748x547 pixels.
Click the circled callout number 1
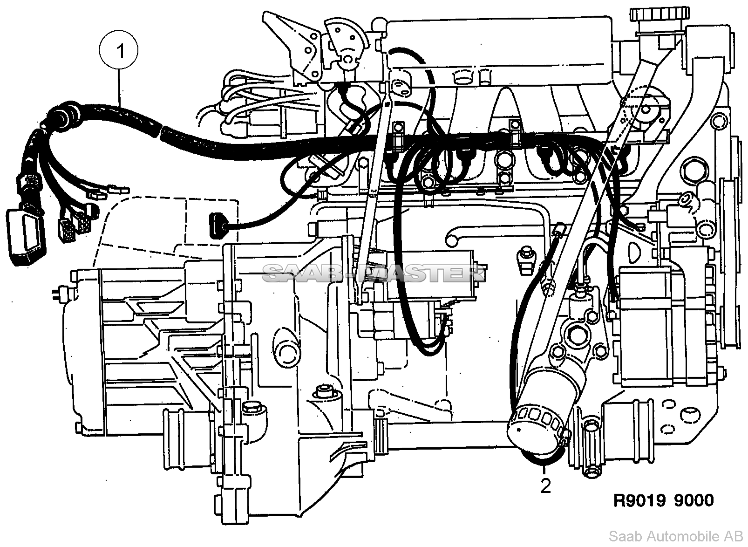119,51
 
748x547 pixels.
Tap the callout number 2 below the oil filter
545,486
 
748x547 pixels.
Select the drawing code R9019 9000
664,501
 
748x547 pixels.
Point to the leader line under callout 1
119,89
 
